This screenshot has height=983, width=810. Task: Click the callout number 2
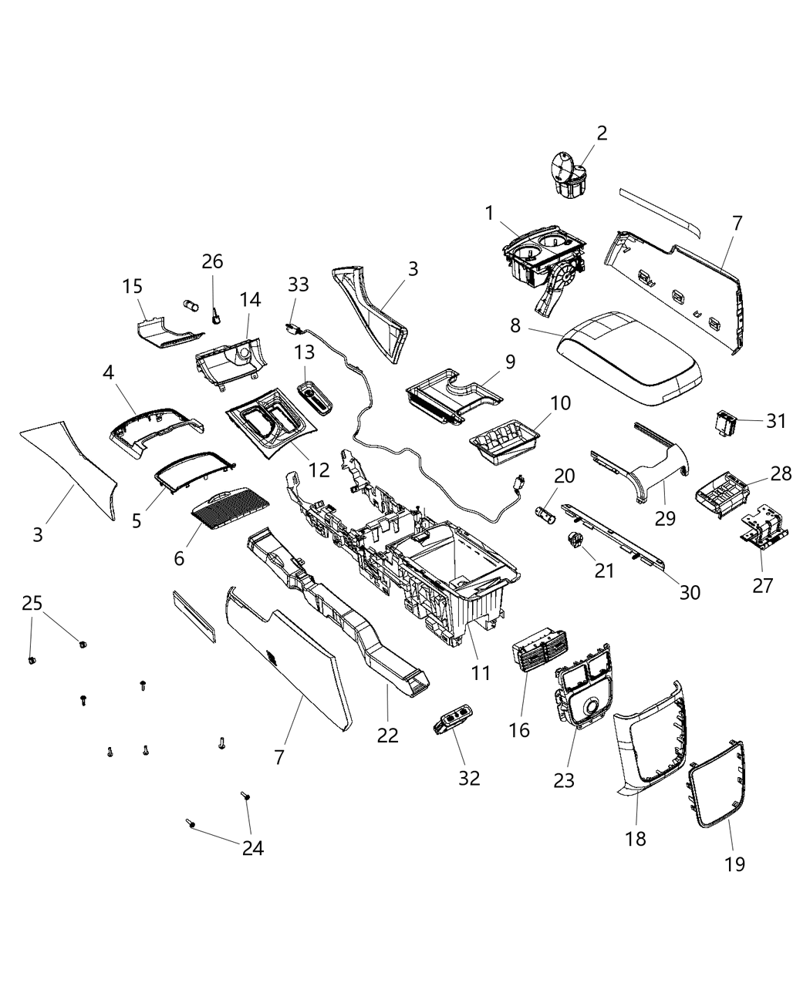click(602, 133)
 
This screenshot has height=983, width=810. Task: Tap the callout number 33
click(298, 284)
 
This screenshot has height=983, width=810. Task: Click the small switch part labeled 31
click(724, 421)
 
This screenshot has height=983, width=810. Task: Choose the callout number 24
click(253, 848)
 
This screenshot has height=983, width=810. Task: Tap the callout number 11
click(481, 672)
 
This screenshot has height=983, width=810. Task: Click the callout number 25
click(32, 603)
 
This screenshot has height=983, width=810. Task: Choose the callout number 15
click(133, 287)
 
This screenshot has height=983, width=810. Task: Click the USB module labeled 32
click(454, 721)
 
